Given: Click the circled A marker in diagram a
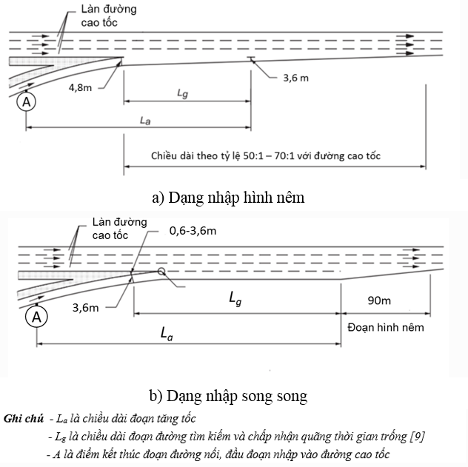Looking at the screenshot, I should pos(26,102).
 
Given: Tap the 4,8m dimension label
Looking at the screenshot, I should pos(81,87).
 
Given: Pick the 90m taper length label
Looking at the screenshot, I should pos(381,301).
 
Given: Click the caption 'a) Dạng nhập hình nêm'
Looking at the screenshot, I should pos(227,198).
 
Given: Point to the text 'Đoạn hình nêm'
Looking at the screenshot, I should pos(384,326).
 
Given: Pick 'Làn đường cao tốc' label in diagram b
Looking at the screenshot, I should pos(119,228).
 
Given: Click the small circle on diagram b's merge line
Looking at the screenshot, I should pos(161,272).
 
